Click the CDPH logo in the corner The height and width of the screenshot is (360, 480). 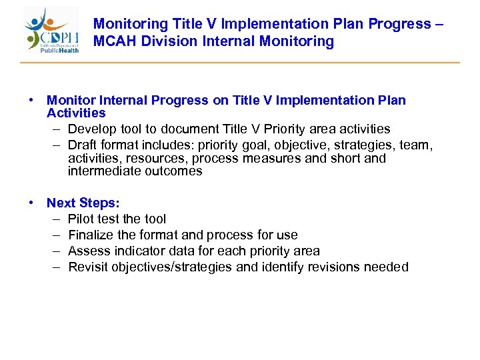click(x=52, y=31)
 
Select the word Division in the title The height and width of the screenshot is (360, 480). click(x=169, y=41)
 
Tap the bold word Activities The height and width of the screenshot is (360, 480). click(x=76, y=113)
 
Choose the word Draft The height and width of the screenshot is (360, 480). click(x=83, y=145)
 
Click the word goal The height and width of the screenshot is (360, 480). click(x=267, y=145)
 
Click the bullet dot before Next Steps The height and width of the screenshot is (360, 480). click(x=31, y=203)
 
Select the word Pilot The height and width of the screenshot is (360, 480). click(x=81, y=219)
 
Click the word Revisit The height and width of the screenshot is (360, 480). click(x=87, y=267)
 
